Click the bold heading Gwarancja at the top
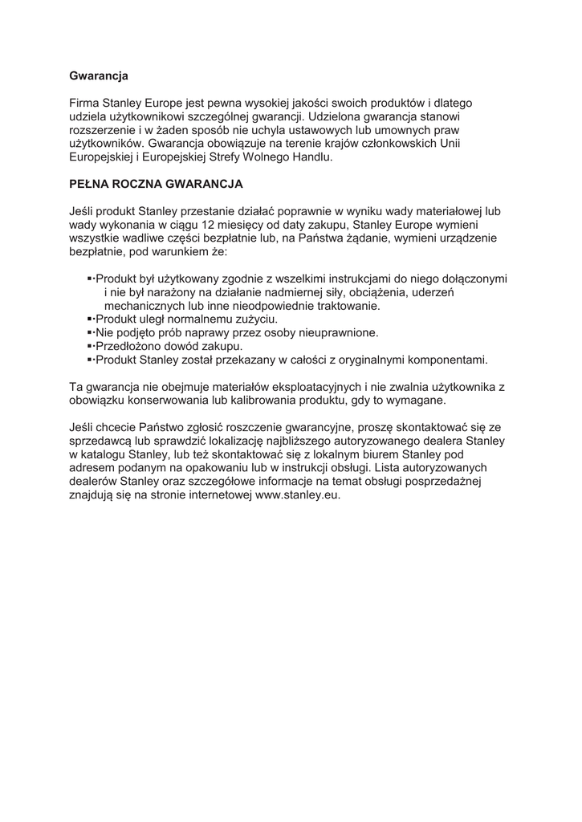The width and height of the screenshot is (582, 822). (99, 76)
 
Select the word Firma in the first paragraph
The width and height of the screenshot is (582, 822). (84, 103)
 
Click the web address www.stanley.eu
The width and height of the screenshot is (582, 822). (298, 494)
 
